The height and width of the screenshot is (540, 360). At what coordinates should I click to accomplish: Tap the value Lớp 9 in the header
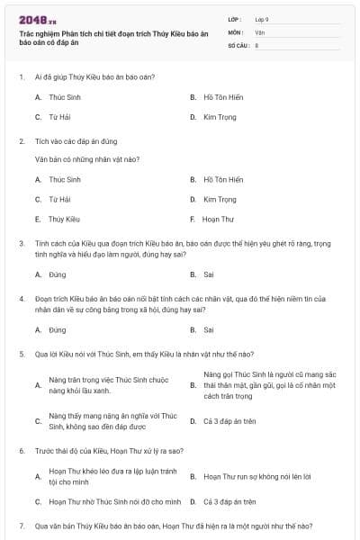[x=262, y=19]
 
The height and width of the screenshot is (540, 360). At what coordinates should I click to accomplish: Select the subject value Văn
[x=259, y=31]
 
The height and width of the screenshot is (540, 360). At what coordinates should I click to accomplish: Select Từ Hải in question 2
[x=59, y=199]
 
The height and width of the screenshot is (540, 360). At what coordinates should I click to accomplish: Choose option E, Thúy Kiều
[x=64, y=219]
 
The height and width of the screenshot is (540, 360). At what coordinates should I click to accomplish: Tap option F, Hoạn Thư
[x=219, y=219]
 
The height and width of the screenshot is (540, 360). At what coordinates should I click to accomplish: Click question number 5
[x=22, y=354]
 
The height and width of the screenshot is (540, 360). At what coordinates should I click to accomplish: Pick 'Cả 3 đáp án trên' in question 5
[x=229, y=420]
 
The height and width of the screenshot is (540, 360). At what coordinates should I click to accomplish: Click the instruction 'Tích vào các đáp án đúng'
[x=72, y=141]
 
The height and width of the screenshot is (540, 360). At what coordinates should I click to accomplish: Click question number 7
[x=22, y=525]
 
